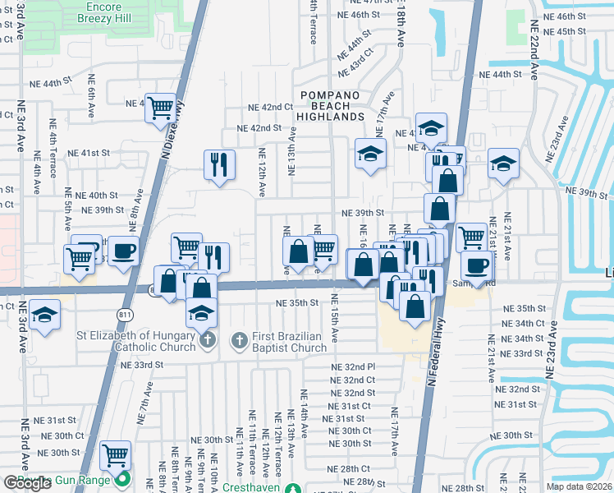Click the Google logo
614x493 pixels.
(27, 483)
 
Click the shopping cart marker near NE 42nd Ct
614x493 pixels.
(162, 107)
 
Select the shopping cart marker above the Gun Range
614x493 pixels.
(116, 454)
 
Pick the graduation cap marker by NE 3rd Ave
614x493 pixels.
(44, 315)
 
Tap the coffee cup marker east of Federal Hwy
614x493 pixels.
(477, 265)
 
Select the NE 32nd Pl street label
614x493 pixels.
(353, 366)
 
